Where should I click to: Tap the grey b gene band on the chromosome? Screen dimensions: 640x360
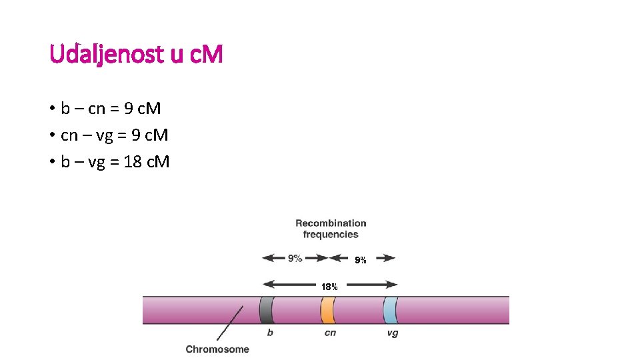267,310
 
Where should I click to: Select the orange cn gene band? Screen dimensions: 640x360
327,310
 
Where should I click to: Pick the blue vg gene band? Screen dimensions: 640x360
390,310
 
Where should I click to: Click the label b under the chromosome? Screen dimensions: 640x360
269,333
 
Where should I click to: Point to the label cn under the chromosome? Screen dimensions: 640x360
330,333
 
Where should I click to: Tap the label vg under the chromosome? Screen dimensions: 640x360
392,333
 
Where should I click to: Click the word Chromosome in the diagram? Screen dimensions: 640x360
217,349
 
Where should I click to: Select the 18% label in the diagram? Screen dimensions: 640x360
329,287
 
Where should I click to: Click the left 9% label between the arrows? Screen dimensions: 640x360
295,258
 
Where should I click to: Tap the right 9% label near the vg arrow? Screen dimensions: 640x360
360,260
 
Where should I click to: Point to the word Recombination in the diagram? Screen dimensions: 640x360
331,223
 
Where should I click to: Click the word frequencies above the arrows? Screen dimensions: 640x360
331,234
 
